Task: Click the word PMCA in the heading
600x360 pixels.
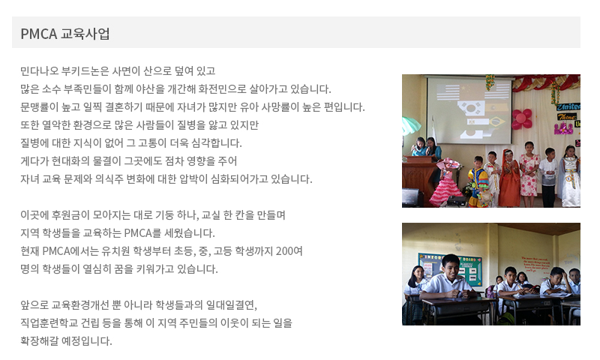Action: click(x=39, y=34)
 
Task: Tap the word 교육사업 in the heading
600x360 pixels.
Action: click(x=85, y=34)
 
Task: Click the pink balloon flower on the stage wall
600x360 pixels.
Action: click(x=521, y=119)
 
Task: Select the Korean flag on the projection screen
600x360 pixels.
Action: click(x=470, y=107)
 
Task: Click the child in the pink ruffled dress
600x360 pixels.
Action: click(x=446, y=182)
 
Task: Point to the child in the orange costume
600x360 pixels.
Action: click(x=510, y=178)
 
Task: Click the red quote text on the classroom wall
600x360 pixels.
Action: click(x=535, y=264)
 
